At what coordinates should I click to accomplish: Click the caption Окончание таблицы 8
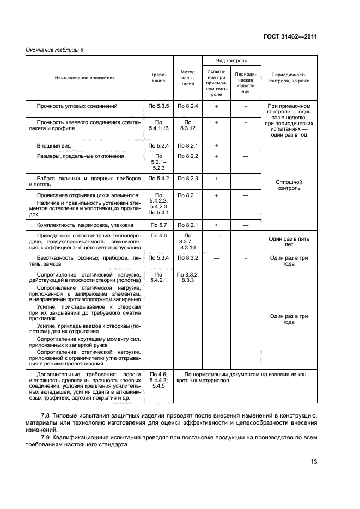(x=54, y=50)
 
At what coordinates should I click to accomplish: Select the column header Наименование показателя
(x=85, y=78)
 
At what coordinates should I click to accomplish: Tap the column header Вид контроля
(x=231, y=60)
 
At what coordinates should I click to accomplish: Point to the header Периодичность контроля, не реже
(x=289, y=77)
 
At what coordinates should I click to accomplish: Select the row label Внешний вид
(x=53, y=146)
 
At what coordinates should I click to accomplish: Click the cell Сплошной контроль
(x=289, y=186)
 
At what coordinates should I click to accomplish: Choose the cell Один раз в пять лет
(x=289, y=242)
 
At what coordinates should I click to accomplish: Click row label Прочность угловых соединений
(x=77, y=106)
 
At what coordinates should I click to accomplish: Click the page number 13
(x=314, y=462)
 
